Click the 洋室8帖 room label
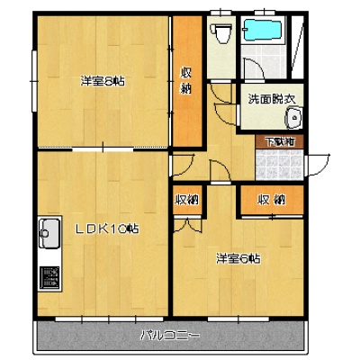[x=103, y=81]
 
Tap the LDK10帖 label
[x=107, y=229]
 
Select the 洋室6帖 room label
[x=238, y=258]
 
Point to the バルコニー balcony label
[x=170, y=335]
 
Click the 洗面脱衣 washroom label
[x=272, y=99]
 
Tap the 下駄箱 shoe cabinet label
[x=280, y=142]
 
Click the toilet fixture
[x=221, y=32]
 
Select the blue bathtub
[x=263, y=30]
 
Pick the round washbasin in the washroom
[x=293, y=118]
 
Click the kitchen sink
[x=49, y=233]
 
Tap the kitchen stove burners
[x=49, y=278]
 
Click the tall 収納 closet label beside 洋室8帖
[x=185, y=80]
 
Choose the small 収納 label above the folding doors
[x=188, y=200]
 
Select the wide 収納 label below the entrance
[x=272, y=200]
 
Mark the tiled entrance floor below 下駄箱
[x=279, y=165]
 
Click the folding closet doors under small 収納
[x=188, y=225]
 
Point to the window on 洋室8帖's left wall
[x=34, y=81]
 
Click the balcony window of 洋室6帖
[x=238, y=319]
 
